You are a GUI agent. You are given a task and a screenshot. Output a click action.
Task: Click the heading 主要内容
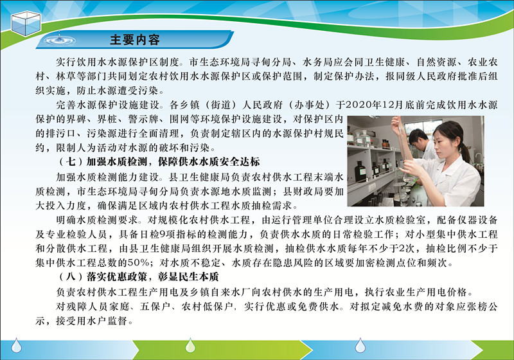coord(135,40)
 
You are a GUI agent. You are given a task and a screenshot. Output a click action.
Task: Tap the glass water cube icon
coord(26,23)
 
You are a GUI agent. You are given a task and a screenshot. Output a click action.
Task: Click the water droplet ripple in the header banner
coord(59,40)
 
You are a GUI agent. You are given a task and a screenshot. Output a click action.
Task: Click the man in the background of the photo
coord(421,144)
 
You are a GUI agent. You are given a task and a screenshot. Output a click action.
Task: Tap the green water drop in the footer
coord(190,345)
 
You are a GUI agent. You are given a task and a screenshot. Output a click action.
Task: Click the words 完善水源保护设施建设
coord(107,105)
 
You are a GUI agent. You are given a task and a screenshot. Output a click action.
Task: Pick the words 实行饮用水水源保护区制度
coord(118,62)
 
